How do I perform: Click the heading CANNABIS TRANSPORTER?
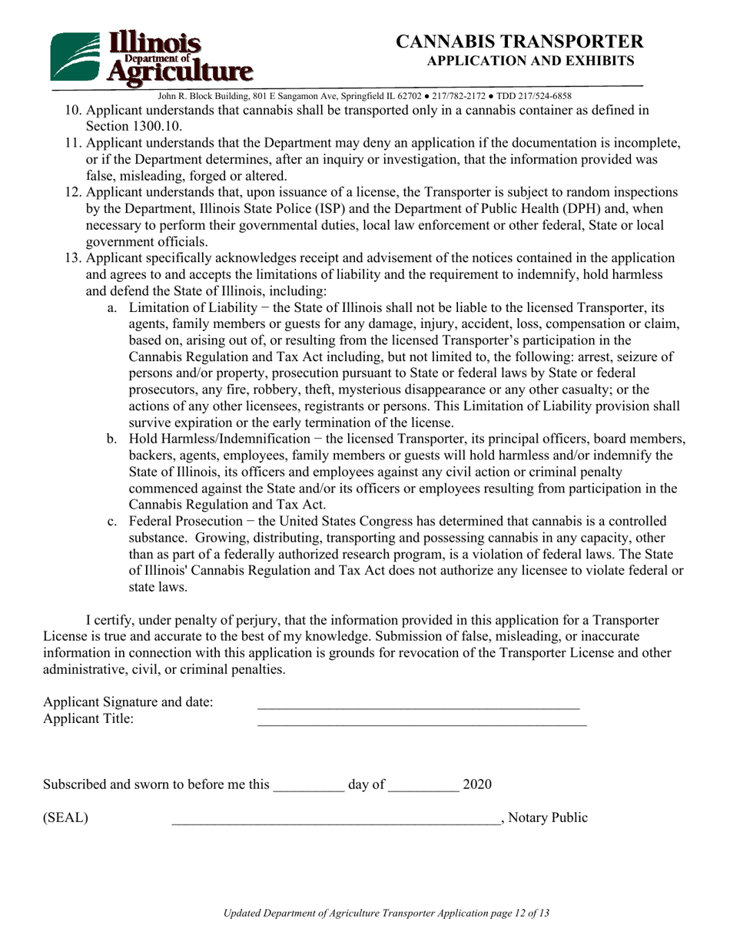[519, 41]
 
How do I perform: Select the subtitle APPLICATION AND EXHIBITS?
[530, 61]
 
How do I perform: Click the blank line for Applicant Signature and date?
[418, 704]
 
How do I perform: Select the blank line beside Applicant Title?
[421, 721]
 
